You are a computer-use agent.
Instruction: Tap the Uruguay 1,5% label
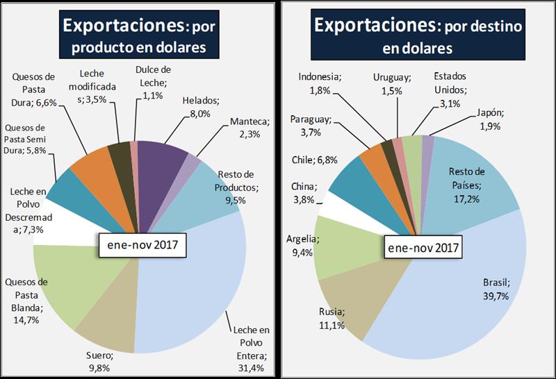coord(392,83)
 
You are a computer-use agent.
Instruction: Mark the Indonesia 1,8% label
coord(320,83)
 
